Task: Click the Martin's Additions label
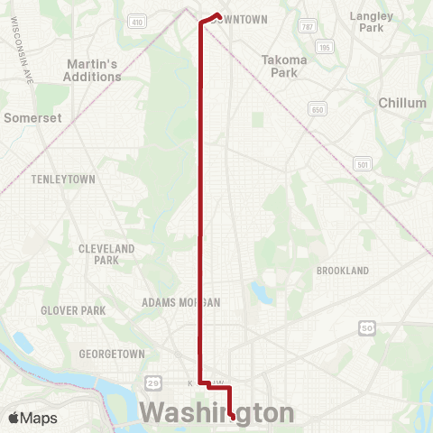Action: coord(94,70)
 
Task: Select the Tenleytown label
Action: coord(63,180)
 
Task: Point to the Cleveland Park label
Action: coord(106,253)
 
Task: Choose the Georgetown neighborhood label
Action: coord(113,354)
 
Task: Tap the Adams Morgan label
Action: coord(181,303)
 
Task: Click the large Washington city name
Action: coord(216,413)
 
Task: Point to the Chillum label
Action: coord(402,103)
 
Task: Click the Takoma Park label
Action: coord(284,66)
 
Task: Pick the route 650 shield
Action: coord(316,108)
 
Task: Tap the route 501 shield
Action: coord(363,163)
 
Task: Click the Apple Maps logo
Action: coord(32,418)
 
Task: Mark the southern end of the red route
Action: coord(234,418)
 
